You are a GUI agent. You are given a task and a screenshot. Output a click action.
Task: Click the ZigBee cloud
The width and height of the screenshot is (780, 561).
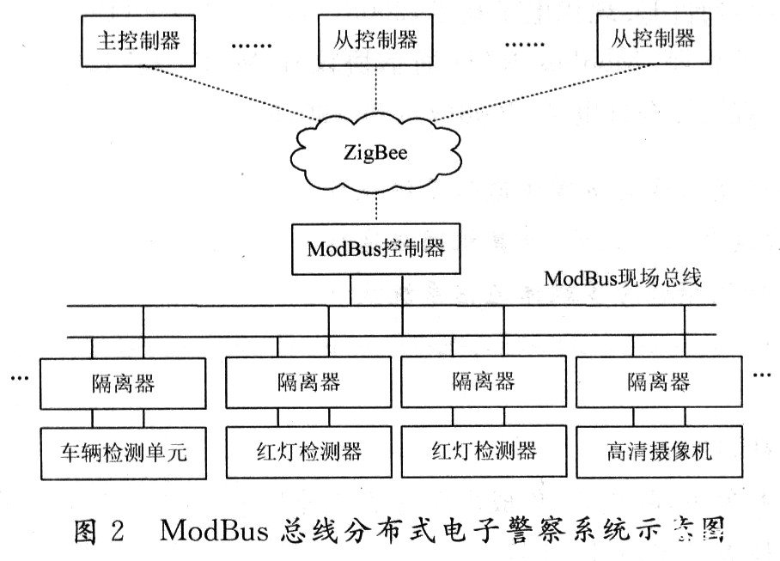click(x=376, y=155)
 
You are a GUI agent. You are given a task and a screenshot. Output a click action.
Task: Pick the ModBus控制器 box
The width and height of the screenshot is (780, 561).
click(x=376, y=249)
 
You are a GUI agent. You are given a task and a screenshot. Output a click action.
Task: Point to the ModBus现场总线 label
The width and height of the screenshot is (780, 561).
click(x=623, y=279)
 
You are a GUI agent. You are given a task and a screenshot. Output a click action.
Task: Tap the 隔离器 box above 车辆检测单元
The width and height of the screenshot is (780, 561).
click(x=125, y=383)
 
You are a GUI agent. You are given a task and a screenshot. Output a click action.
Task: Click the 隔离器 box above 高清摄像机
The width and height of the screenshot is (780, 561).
click(x=658, y=383)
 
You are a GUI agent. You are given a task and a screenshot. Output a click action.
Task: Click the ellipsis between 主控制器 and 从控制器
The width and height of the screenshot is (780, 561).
click(x=250, y=43)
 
